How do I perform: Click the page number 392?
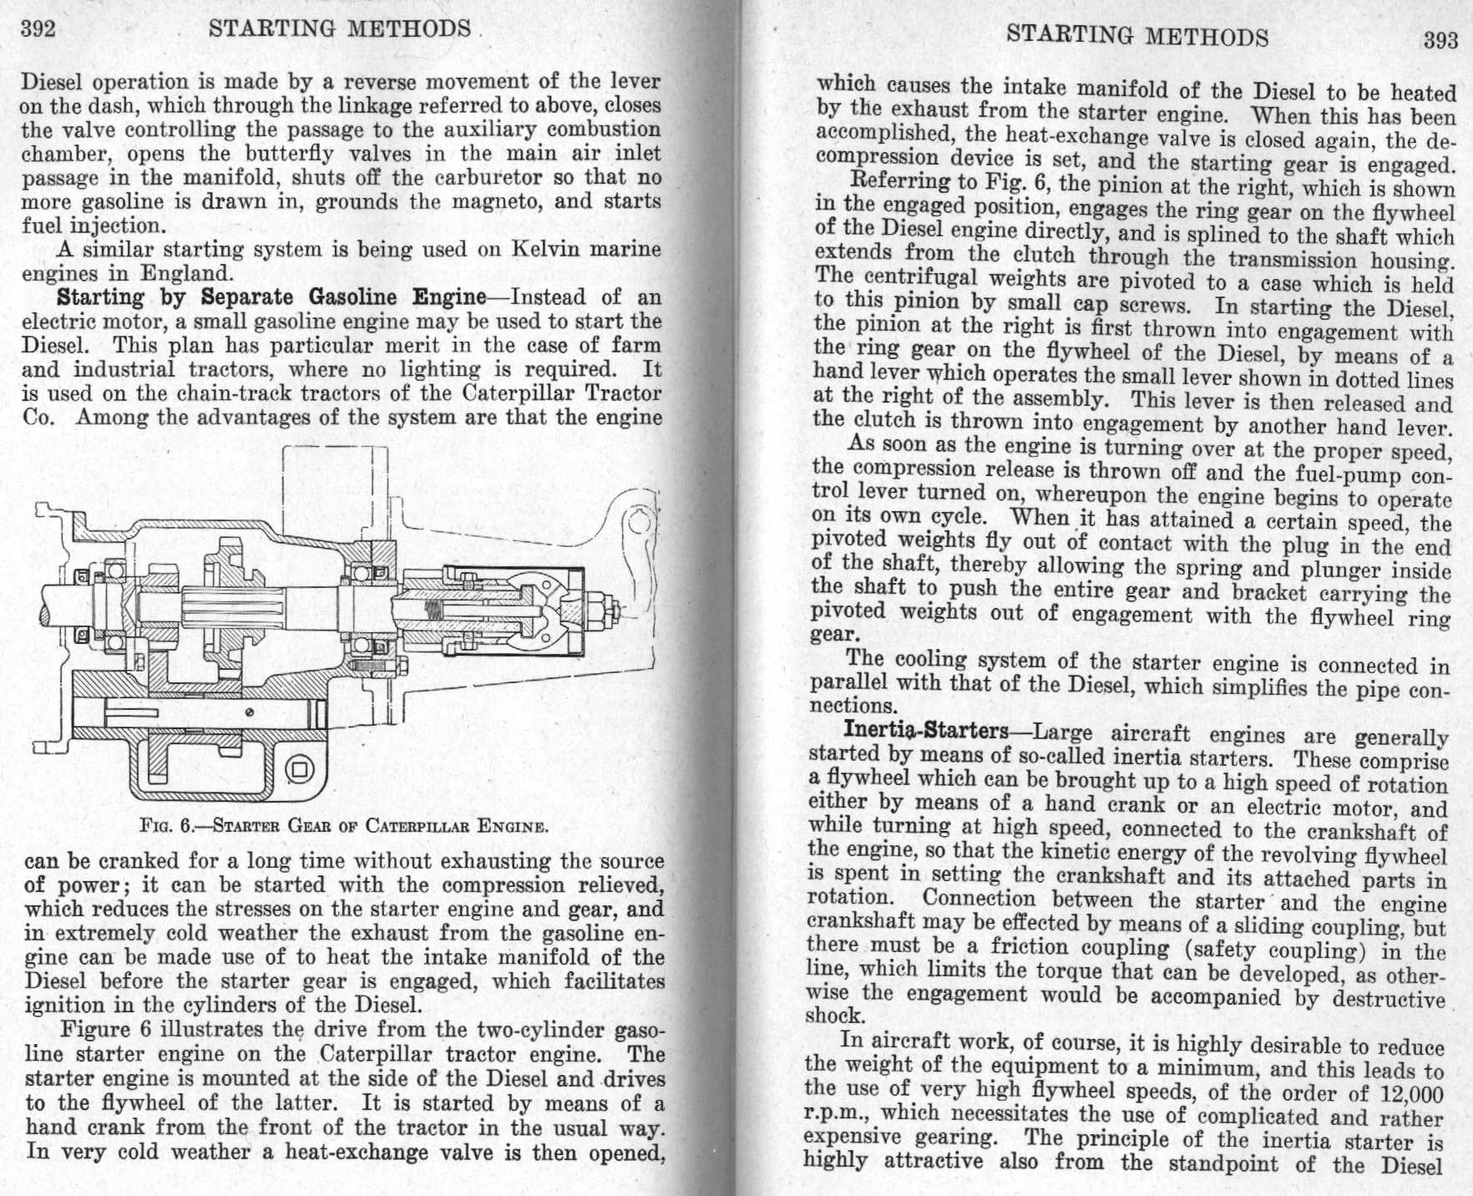click(38, 29)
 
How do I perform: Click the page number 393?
click(1440, 40)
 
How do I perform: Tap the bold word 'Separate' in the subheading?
click(247, 297)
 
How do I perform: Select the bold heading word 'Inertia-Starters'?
click(926, 731)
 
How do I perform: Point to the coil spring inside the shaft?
click(432, 611)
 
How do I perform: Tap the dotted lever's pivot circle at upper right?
click(639, 522)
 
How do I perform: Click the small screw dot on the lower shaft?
click(249, 712)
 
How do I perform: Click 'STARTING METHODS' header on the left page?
click(340, 28)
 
